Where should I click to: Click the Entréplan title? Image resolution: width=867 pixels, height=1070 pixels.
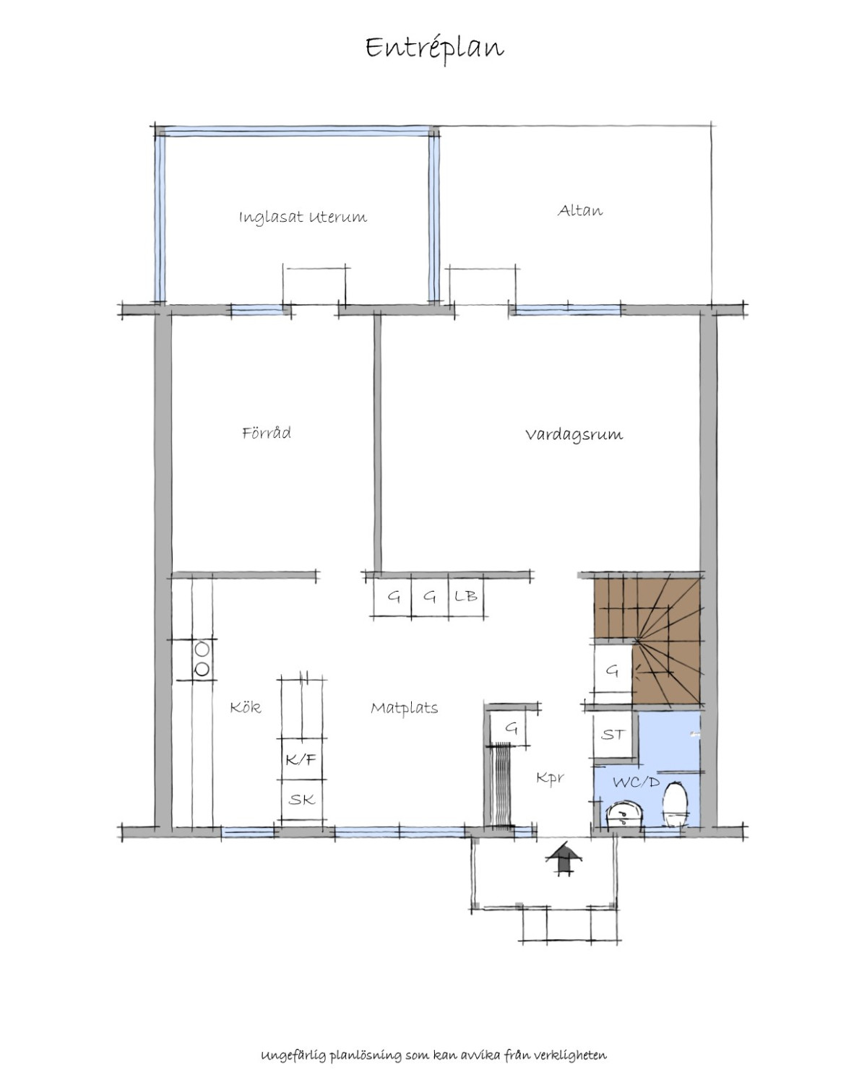click(434, 48)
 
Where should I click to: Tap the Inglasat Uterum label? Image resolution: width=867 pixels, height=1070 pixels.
click(303, 217)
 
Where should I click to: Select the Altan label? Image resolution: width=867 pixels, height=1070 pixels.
click(580, 210)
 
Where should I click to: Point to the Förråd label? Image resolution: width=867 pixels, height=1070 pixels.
click(266, 433)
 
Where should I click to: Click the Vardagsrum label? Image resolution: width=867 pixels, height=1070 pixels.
click(574, 434)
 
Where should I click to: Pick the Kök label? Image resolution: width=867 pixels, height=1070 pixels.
click(245, 707)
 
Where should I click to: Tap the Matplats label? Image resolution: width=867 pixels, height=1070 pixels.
click(405, 708)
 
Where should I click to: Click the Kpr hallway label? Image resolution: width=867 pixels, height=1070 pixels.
click(550, 778)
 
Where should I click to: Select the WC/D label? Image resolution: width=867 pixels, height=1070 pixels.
click(636, 782)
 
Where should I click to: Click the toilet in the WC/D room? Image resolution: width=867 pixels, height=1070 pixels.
click(675, 803)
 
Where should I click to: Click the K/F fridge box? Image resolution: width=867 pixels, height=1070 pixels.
click(301, 759)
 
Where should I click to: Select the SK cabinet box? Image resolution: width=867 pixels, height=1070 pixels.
click(301, 800)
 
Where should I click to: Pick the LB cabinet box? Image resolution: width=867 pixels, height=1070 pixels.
click(465, 596)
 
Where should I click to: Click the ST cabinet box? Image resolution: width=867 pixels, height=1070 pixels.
click(613, 735)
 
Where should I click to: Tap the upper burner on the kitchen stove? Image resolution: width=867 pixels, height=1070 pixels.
click(202, 650)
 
